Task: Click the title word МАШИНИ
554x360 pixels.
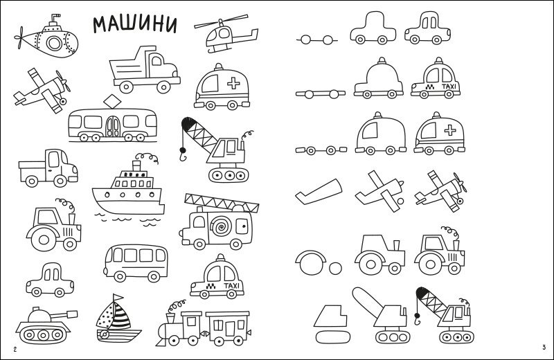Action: pos(135,24)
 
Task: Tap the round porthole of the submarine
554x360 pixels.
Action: pos(55,43)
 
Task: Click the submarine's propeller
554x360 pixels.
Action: pos(19,37)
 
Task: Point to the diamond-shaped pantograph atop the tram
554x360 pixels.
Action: pos(113,101)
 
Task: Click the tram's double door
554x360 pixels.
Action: pos(113,127)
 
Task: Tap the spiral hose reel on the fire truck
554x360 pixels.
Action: pos(221,226)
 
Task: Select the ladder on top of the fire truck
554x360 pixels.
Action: pos(222,203)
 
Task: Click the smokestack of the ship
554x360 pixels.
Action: pos(136,166)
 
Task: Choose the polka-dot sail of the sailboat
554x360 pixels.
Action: pos(105,316)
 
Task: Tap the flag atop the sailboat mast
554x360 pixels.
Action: pos(118,297)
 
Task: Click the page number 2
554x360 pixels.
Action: pos(15,350)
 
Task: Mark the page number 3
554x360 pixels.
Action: pos(544,348)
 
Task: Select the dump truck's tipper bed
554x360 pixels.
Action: pos(129,68)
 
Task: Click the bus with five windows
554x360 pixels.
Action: pos(136,263)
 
